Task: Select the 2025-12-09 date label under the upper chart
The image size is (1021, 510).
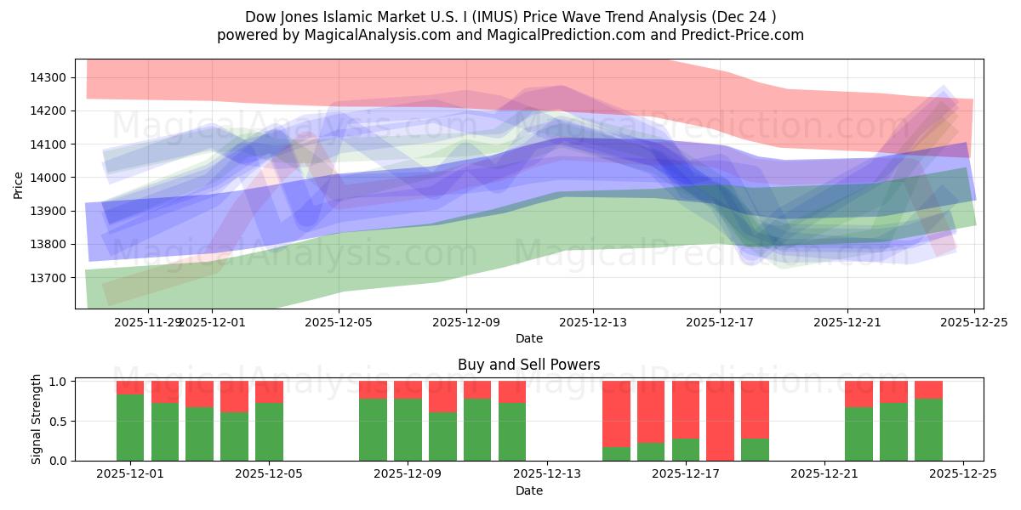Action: point(466,323)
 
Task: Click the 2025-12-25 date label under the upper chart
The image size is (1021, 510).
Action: point(973,323)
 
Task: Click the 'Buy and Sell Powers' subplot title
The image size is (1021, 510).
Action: point(528,365)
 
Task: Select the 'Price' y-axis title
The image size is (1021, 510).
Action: point(19,184)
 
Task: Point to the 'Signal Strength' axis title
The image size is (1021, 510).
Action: point(36,420)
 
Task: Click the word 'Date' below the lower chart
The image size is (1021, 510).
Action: point(528,490)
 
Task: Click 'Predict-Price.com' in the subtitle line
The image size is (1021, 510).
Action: point(739,35)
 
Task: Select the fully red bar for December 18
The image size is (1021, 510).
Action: point(720,421)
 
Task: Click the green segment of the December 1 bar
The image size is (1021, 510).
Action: point(130,428)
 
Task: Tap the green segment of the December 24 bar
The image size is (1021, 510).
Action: point(928,430)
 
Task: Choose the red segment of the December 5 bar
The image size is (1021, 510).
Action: point(269,392)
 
